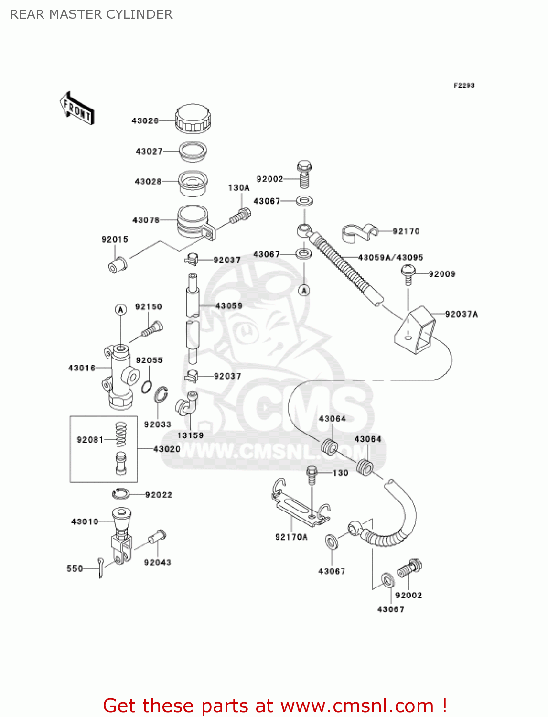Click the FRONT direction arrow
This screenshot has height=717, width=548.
[76, 109]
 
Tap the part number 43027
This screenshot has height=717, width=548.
[149, 152]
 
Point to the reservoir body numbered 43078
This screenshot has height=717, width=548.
[193, 221]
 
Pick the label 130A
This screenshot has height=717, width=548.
[238, 188]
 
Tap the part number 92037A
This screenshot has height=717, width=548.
[461, 315]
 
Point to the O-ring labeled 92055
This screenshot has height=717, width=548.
[147, 386]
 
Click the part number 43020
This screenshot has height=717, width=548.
[167, 449]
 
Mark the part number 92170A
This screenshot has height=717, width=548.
[291, 537]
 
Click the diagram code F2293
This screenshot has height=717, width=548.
[464, 86]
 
